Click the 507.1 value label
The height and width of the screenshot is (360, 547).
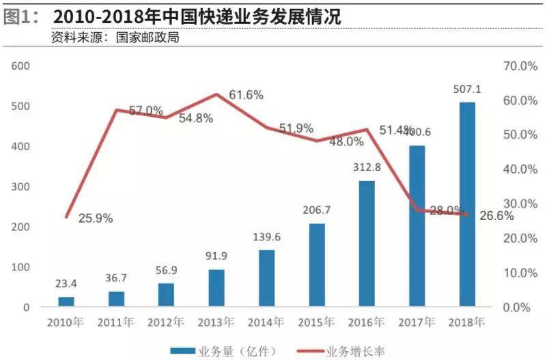[468, 89]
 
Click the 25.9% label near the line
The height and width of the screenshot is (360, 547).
[96, 219]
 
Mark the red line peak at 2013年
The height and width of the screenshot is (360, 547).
[216, 94]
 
